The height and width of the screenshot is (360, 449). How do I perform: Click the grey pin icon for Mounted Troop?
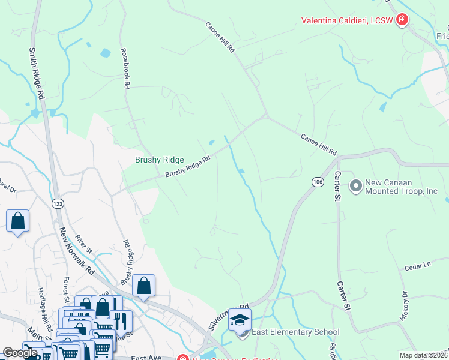coord(355,187)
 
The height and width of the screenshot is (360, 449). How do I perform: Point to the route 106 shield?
coord(318,181)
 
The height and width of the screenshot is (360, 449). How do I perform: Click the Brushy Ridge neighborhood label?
coord(159,160)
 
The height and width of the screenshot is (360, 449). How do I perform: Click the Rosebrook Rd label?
coord(125,69)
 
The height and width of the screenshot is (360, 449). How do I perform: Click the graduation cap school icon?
coord(240,320)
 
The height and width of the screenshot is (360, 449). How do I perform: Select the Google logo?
coord(19,353)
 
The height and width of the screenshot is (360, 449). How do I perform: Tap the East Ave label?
coord(146,358)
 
